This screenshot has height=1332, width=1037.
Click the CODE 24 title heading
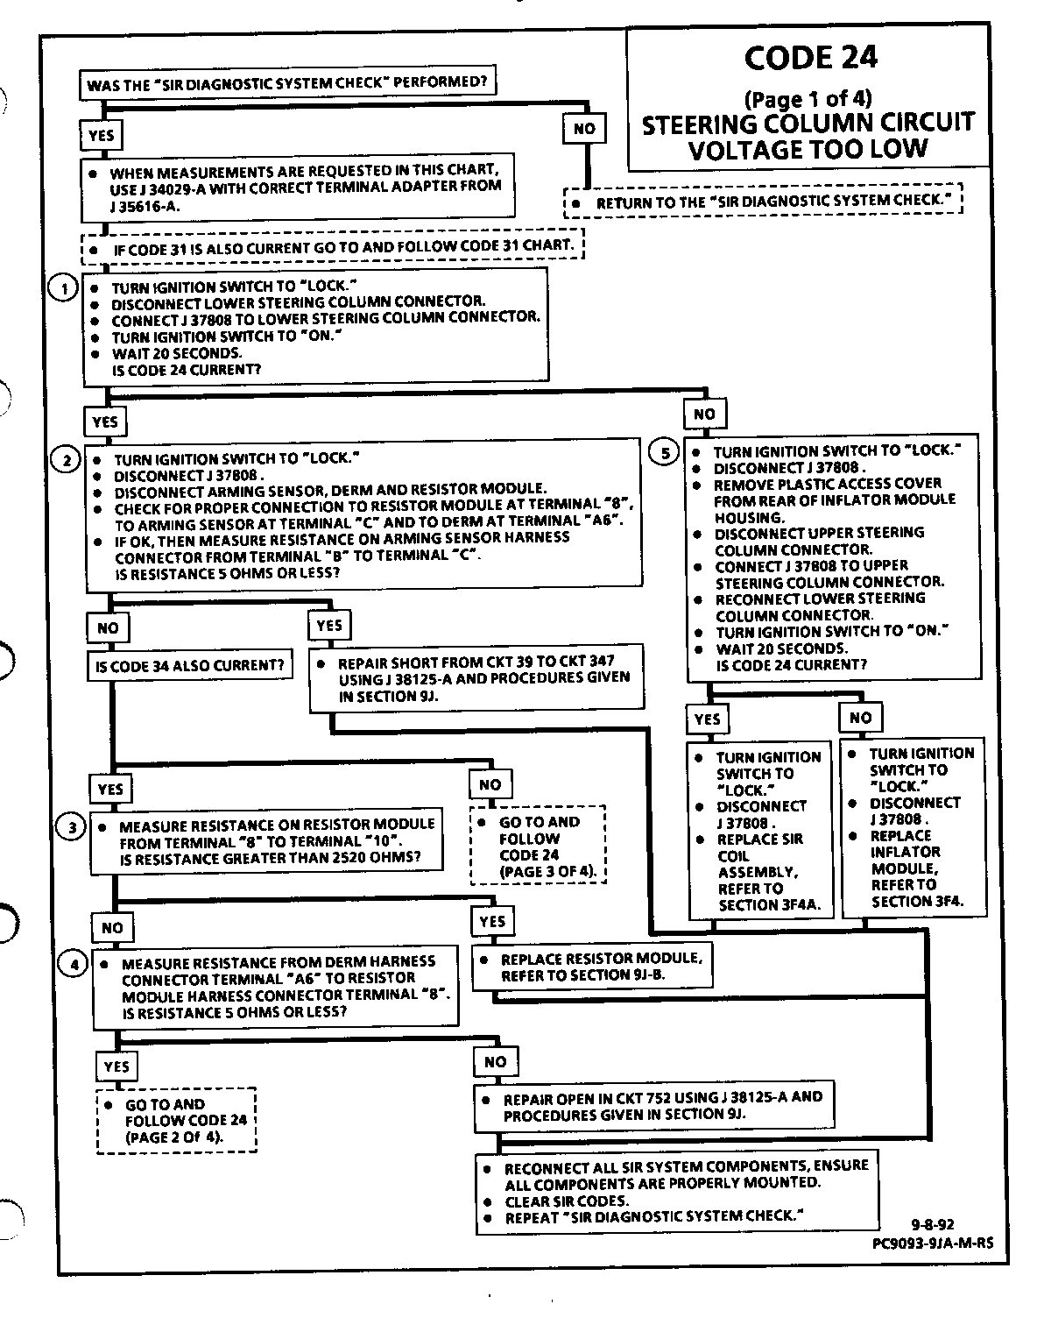[x=810, y=58]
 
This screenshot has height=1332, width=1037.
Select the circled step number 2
[x=67, y=458]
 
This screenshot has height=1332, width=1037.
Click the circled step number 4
[x=74, y=964]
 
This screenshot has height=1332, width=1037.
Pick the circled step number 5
[x=665, y=452]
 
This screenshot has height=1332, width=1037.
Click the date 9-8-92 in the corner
[x=932, y=1225]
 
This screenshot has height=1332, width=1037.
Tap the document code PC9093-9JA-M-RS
[x=934, y=1242]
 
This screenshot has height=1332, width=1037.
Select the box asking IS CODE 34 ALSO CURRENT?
[x=189, y=665]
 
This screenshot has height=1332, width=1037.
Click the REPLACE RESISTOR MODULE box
[x=591, y=967]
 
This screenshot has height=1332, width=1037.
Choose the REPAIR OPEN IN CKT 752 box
[x=653, y=1106]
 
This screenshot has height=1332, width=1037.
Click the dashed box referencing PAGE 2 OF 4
[x=176, y=1121]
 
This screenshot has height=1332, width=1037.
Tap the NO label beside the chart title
[x=584, y=129]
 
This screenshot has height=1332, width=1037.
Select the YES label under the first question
[x=102, y=135]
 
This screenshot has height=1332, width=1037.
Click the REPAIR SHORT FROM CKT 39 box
[x=477, y=678]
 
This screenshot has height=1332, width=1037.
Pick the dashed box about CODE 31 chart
[x=332, y=246]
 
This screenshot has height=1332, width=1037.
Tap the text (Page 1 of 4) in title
[x=808, y=98]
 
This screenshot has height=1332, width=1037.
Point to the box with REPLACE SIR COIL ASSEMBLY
[x=758, y=830]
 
